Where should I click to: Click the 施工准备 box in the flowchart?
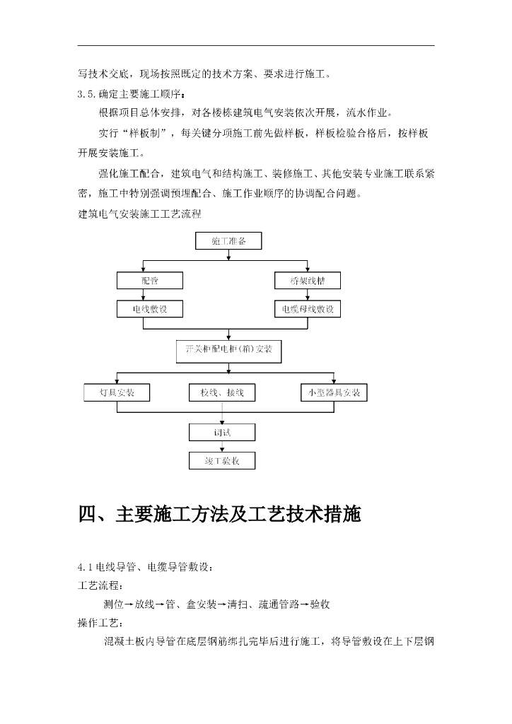pos(228,241)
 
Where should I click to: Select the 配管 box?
pos(150,281)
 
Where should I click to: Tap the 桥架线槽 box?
pos(307,281)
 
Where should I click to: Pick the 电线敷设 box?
pos(150,309)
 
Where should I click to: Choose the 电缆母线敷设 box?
pos(307,309)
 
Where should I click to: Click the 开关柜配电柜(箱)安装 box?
pos(228,350)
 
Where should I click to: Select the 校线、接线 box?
pos(222,392)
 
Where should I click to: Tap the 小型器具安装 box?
pos(334,392)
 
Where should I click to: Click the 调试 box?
pos(222,431)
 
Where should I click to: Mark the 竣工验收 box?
pos(222,461)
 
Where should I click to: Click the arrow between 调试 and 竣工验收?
pos(222,446)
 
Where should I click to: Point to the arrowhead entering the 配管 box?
pos(144,269)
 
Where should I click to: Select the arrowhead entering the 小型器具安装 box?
pos(334,382)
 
